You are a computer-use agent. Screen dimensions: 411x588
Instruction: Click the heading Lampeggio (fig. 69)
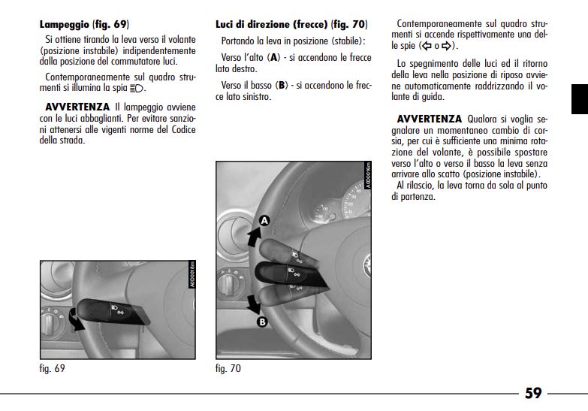pos(83,24)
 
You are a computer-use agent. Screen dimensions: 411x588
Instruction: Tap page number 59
pos(533,393)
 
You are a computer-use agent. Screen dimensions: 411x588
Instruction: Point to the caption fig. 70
pos(228,368)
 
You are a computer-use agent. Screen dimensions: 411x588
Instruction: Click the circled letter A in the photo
pos(264,220)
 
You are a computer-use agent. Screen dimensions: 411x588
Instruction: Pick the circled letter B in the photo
pos(262,322)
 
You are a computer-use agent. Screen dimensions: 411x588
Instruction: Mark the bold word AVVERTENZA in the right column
pos(428,119)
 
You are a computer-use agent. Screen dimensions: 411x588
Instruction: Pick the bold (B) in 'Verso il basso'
pos(282,86)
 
